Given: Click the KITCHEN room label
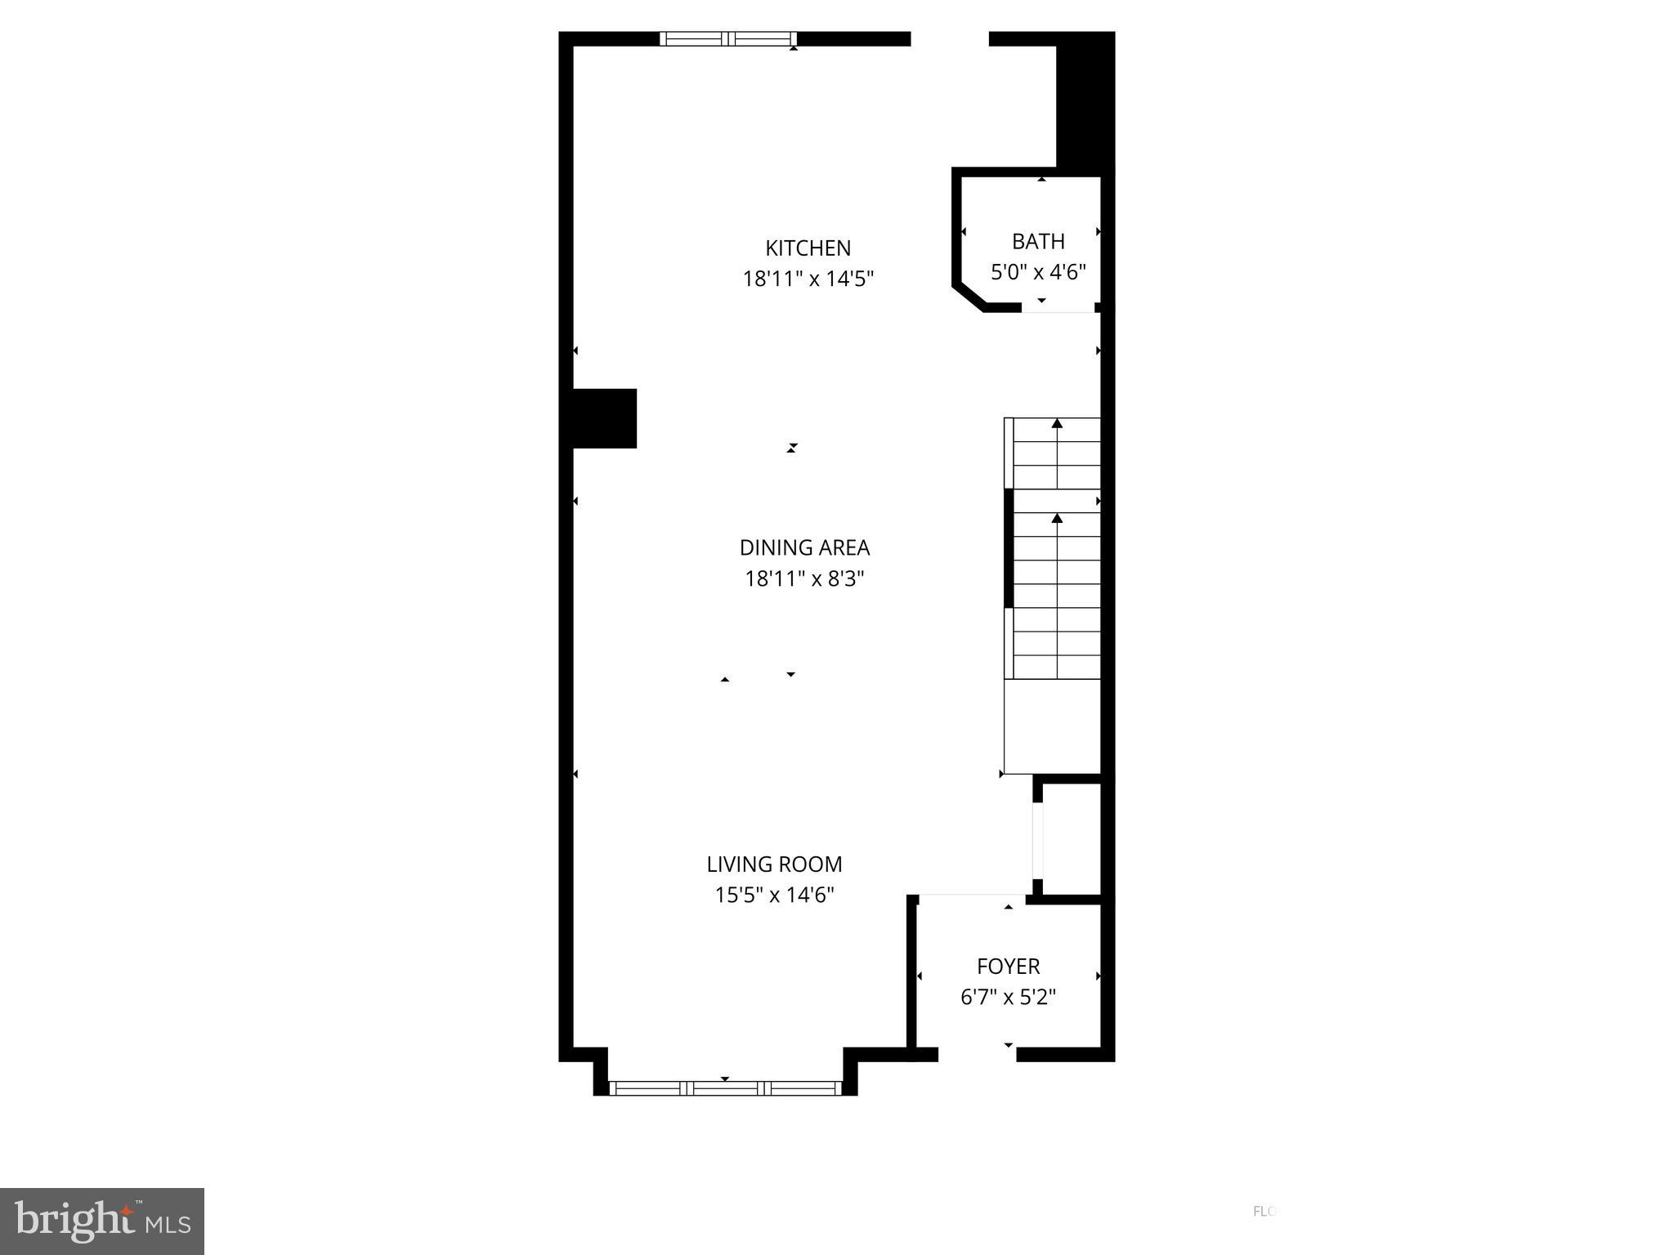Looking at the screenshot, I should point(808,248).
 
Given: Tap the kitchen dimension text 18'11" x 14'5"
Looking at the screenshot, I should point(808,279).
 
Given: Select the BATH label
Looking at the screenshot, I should point(1038,241).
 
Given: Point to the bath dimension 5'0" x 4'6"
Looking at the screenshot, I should point(1038,272).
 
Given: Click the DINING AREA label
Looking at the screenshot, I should point(804,547).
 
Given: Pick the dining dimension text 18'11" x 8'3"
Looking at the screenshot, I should point(804,578).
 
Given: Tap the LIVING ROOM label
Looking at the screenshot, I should point(774,864).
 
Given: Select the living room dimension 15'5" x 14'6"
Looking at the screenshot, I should point(774,895).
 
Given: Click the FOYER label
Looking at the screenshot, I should point(1008,966).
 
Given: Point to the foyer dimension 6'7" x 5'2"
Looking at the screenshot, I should point(1008,997).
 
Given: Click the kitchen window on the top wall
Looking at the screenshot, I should point(727,38).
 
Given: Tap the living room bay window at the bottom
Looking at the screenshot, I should point(725,1088).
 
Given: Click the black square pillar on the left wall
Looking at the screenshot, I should point(603,418).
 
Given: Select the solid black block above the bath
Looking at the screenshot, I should point(1085,102).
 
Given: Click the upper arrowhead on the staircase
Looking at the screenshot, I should point(1057,423).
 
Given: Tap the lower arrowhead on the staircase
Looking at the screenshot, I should point(1057,518).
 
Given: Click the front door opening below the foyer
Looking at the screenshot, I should point(977,1054).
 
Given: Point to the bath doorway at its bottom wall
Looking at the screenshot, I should point(1058,309).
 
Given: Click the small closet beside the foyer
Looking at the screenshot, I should point(1072,839).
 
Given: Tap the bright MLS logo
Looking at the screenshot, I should point(102,1221).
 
